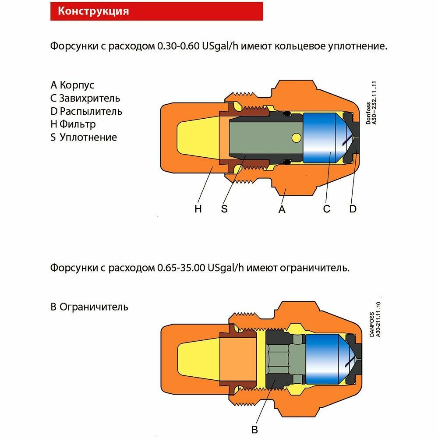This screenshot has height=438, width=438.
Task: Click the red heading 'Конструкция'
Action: [x=94, y=11]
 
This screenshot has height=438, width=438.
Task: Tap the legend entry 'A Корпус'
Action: [x=72, y=85]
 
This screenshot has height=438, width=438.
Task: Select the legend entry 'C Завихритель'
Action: [x=85, y=98]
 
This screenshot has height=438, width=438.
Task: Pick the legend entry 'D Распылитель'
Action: [x=86, y=111]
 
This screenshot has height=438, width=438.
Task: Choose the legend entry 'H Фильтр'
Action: [x=73, y=124]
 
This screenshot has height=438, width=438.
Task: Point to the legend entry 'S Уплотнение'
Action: [x=84, y=138]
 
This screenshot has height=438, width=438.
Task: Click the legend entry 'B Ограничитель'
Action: [x=89, y=307]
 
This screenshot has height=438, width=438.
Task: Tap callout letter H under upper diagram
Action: [x=198, y=209]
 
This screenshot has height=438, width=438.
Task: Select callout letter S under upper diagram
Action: [x=224, y=209]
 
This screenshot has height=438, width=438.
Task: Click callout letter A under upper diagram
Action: [x=282, y=209]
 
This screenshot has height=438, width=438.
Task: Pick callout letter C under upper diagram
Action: [x=326, y=209]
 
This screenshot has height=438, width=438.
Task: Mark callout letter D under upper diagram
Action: [x=353, y=209]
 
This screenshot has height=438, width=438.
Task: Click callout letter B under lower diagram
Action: [x=255, y=429]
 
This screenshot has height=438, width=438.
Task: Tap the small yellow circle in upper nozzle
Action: [x=296, y=138]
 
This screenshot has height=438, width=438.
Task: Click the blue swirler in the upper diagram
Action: [x=322, y=138]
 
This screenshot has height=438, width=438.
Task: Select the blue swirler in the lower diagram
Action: [x=324, y=357]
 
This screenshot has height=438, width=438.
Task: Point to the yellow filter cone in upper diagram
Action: [x=197, y=138]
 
